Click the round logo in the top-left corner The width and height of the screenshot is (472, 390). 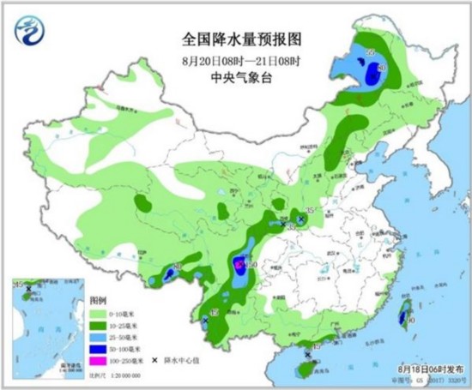(33, 33)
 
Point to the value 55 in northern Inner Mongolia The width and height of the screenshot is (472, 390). (371, 53)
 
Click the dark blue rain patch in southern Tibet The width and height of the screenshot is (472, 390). (169, 275)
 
